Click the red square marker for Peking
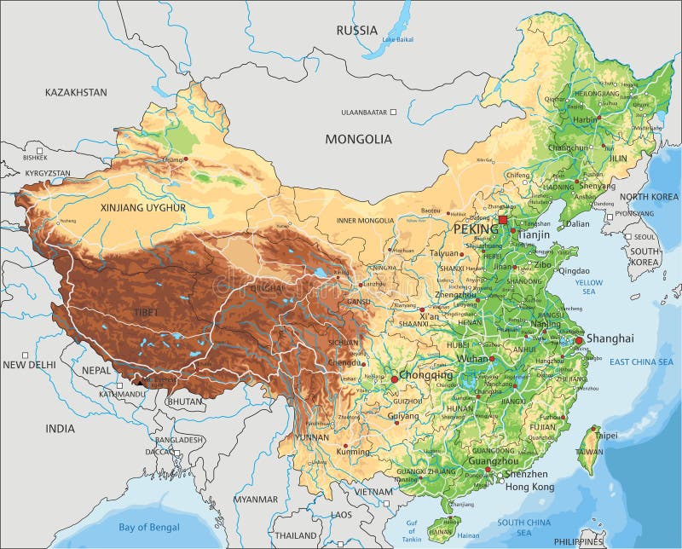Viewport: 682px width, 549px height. (502, 220)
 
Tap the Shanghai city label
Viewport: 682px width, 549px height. (610, 338)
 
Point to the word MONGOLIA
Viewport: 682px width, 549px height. (358, 139)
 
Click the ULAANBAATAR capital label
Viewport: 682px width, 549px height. (364, 112)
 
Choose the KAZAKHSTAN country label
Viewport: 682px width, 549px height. (76, 92)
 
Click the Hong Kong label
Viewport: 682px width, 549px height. (529, 487)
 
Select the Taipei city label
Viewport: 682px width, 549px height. (606, 435)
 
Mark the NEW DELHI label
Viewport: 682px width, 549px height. (29, 365)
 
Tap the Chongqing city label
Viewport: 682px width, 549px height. (427, 375)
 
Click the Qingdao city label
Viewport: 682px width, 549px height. (572, 271)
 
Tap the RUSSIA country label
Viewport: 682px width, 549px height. (356, 31)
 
